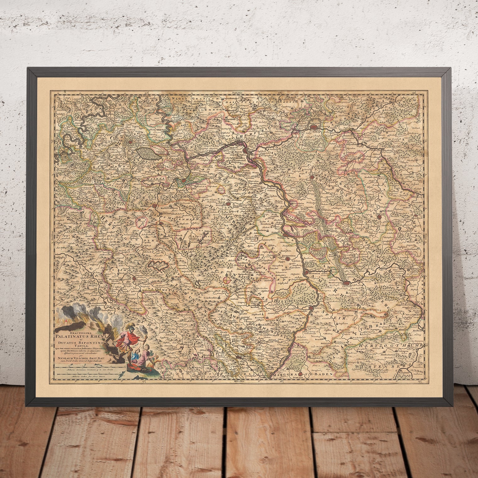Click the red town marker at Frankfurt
[314, 127]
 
